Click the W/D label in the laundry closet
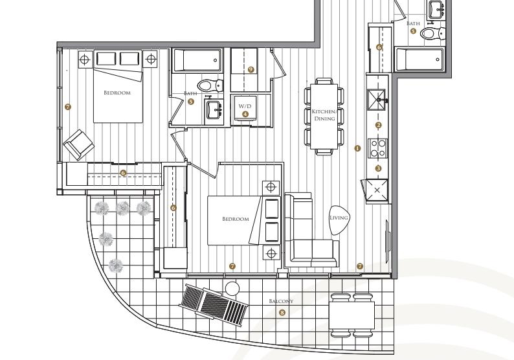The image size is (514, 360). click(245, 106)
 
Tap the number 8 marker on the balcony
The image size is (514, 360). click(282, 313)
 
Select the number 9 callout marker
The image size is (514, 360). click(251, 69)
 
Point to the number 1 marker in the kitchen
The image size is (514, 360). click(357, 148)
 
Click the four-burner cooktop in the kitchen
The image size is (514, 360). click(377, 148)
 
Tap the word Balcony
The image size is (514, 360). click(281, 301)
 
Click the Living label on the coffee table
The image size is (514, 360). click(339, 218)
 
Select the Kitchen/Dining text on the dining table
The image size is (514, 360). click(324, 115)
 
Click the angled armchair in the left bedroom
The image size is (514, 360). click(79, 145)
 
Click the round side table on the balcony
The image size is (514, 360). click(232, 289)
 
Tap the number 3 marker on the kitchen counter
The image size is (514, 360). click(378, 168)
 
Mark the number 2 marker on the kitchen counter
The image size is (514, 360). click(379, 125)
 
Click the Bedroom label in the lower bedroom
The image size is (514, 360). click(236, 219)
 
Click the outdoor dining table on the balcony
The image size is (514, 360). click(352, 315)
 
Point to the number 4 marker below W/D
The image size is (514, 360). click(245, 114)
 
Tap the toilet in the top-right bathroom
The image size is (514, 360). click(432, 33)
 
